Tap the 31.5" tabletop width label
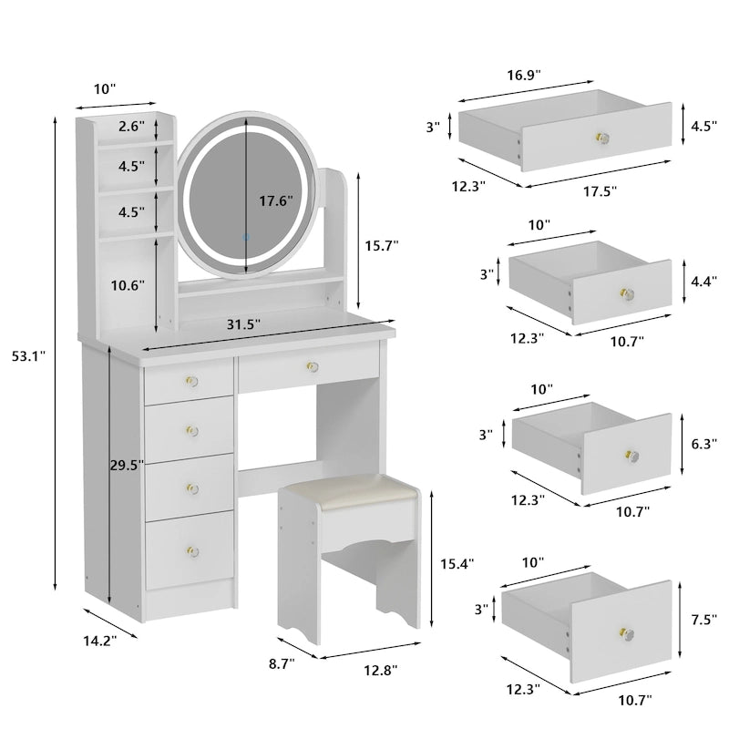[245, 324]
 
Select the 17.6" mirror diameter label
[274, 200]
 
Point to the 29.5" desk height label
[128, 466]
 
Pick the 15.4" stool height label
[457, 564]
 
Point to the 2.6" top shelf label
[130, 128]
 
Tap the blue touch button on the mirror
[244, 237]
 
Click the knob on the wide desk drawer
[311, 367]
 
